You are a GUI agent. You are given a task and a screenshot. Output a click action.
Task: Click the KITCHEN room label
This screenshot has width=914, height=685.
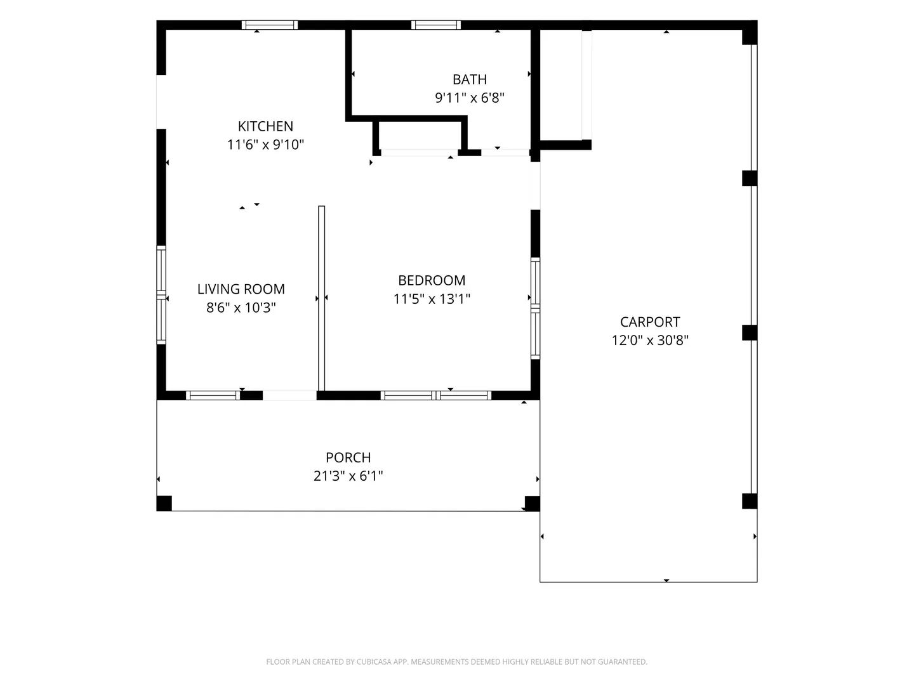[x=265, y=126]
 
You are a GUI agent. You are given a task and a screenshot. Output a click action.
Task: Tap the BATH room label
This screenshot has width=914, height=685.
[x=469, y=79]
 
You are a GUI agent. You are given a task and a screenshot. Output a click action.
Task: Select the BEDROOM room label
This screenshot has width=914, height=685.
[x=432, y=280]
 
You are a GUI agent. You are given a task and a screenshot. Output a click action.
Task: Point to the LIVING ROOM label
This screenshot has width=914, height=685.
[x=241, y=289]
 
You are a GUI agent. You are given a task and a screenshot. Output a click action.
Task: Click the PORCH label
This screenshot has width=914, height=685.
[x=348, y=457]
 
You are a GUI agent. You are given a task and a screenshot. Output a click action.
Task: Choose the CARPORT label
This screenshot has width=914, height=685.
[x=649, y=322]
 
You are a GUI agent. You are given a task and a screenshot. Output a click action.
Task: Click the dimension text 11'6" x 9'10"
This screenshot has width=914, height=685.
[x=265, y=145]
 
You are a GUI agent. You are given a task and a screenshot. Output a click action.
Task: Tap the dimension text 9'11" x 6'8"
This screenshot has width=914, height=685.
[x=469, y=98]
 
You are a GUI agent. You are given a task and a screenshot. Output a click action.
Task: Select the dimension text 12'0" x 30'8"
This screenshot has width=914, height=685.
[x=649, y=340]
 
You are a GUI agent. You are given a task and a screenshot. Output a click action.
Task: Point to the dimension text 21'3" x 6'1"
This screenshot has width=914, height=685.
[x=348, y=476]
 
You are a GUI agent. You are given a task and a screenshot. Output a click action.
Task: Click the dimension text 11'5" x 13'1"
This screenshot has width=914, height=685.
[x=432, y=299]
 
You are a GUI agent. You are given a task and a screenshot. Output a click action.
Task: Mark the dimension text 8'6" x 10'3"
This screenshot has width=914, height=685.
[x=241, y=308]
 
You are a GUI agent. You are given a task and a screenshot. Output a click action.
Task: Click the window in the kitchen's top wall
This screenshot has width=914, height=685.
[x=269, y=25]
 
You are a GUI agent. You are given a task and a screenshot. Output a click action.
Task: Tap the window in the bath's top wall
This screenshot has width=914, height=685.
[x=436, y=25]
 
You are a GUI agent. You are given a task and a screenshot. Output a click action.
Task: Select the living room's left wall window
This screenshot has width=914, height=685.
[x=161, y=296]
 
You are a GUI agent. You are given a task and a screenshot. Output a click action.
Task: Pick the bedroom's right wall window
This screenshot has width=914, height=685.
[x=536, y=308]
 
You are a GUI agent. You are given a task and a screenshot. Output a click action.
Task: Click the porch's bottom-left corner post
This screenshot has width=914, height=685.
[x=164, y=503]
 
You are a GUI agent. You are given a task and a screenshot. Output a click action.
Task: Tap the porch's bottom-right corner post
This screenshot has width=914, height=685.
[x=532, y=503]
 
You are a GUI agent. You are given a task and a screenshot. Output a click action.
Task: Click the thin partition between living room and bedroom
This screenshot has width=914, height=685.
[x=321, y=298]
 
